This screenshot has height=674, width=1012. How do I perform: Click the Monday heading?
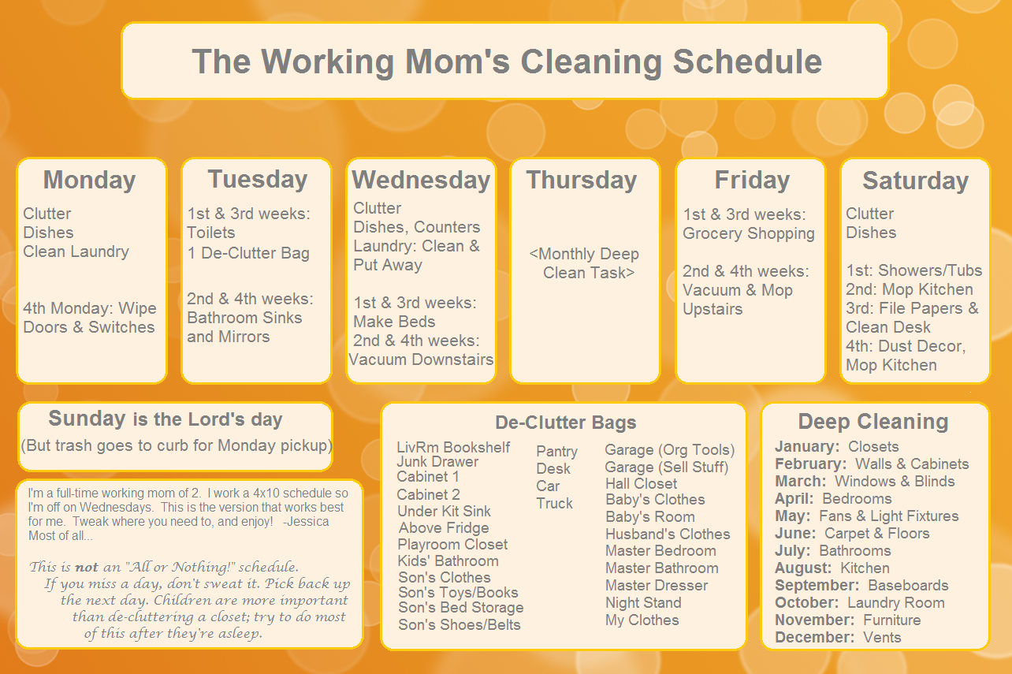pos(89,181)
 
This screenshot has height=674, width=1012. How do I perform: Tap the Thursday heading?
pos(582,181)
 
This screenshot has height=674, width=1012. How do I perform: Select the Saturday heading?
pos(915,181)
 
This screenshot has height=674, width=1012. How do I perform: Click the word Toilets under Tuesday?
pos(211,233)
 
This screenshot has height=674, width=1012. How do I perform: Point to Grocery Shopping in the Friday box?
pos(748,233)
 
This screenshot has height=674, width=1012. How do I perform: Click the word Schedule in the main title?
pos(747,61)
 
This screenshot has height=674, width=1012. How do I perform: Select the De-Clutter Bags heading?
pos(565,423)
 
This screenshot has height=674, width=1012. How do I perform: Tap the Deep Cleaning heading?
pos(872,422)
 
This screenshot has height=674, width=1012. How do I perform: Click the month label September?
pos(817,586)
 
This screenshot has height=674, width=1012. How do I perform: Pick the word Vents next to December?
pos(882,638)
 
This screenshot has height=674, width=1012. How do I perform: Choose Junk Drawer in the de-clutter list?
pos(437,462)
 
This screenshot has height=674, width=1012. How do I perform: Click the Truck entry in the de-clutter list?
pos(554,503)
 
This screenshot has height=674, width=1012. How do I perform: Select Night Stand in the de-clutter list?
pos(643,602)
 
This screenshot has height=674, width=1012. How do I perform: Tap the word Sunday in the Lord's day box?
pos(87,419)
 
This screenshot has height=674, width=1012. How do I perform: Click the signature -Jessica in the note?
pos(306,522)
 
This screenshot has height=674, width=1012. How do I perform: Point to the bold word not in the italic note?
pos(87,567)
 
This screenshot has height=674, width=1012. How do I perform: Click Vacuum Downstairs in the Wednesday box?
pos(421,359)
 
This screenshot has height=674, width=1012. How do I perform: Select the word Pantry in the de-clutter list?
pos(556,452)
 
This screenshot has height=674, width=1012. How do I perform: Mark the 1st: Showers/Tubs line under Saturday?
pos(914,270)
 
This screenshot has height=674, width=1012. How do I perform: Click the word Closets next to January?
pos(873,447)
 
